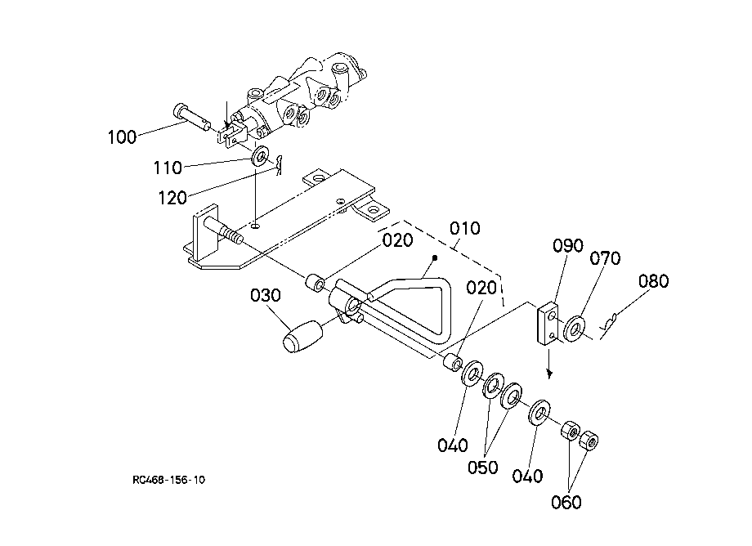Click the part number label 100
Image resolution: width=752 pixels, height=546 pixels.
122,137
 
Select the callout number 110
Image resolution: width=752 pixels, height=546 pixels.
168,168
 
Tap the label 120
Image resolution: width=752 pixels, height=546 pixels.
172,198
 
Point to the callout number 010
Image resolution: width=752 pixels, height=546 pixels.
465,228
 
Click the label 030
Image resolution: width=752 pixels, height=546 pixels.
265,295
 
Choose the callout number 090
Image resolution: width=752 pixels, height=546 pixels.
568,245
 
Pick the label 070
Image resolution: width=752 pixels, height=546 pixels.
605,258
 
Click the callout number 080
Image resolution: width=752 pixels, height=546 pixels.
653,281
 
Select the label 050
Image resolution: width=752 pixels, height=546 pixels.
482,468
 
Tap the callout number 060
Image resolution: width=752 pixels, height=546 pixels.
566,503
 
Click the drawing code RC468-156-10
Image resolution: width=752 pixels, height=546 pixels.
169,480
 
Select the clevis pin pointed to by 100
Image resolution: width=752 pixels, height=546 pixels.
191,116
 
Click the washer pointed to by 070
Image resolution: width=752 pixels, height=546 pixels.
574,329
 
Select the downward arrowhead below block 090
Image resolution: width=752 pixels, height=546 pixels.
549,373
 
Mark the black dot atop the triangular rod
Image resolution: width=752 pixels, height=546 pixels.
435,258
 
